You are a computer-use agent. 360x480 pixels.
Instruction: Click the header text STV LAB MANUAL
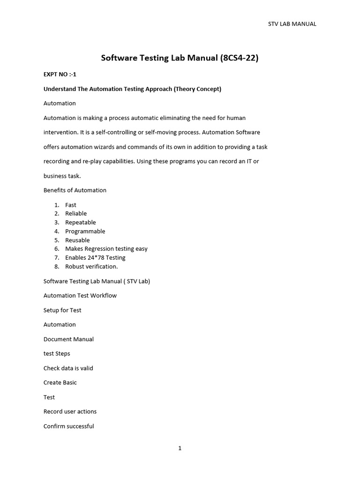[x=292, y=24]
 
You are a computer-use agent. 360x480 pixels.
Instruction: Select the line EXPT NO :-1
[x=60, y=74]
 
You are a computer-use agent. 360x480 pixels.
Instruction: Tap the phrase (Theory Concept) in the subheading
[x=197, y=89]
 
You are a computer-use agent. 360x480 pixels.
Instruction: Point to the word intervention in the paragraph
[x=61, y=132]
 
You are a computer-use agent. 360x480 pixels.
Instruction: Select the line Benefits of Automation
[x=75, y=190]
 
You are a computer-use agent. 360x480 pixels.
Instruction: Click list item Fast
[x=71, y=205]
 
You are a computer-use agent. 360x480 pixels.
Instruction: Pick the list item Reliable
[x=76, y=213]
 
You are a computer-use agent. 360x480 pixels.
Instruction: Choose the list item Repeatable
[x=81, y=222]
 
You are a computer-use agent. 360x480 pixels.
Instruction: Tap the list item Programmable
[x=85, y=231]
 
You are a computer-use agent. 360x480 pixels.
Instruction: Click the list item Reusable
[x=77, y=240]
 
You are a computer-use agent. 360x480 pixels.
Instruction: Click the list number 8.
[x=57, y=266]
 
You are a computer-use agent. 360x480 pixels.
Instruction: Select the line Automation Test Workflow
[x=80, y=295]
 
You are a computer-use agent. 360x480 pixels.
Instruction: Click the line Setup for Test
[x=62, y=310]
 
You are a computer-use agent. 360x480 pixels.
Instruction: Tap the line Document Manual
[x=68, y=339]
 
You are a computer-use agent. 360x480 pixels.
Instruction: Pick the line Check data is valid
[x=68, y=368]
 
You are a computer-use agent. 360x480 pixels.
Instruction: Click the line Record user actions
[x=70, y=411]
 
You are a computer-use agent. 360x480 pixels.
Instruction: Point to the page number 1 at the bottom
[x=180, y=448]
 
